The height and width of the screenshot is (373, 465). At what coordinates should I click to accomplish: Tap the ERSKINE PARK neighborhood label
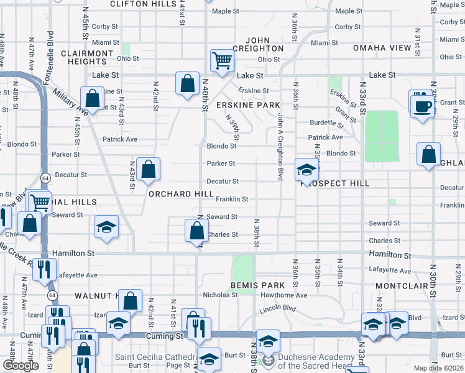coord(248,105)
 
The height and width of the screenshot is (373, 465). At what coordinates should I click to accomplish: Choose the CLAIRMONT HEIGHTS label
coord(87,57)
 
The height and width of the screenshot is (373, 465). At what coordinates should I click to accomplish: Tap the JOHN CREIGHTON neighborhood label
coord(258,44)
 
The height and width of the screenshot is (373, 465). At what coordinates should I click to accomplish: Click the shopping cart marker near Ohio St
coord(222,60)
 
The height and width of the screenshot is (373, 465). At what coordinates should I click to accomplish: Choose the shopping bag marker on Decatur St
coord(149,169)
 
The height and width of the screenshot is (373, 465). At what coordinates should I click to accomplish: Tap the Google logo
coord(21,366)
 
